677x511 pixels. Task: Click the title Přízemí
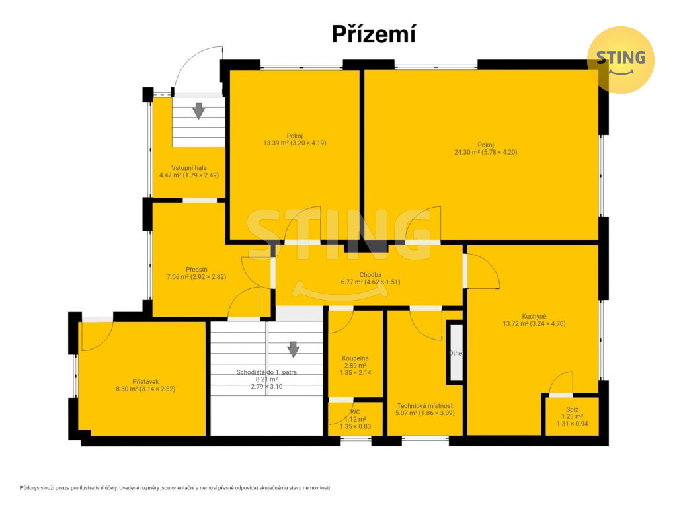click(x=374, y=34)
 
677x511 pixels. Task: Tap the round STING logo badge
click(x=621, y=60)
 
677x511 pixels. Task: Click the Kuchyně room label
click(x=534, y=317)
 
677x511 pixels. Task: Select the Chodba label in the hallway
click(x=370, y=275)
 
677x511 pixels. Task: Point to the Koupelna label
click(x=355, y=358)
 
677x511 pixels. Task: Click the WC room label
click(x=355, y=412)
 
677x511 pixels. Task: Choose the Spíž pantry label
click(x=572, y=410)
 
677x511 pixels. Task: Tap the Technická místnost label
click(x=425, y=406)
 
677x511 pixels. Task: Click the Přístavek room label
click(x=145, y=382)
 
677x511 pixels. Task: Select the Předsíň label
click(x=196, y=270)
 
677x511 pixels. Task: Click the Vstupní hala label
click(x=189, y=168)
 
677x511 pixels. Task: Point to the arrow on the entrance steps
click(x=198, y=111)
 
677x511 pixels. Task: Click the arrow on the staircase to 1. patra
click(x=294, y=350)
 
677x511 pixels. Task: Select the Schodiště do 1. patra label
click(x=266, y=372)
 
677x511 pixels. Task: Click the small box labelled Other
click(x=455, y=352)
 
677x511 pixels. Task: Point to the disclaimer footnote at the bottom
click(x=176, y=488)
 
